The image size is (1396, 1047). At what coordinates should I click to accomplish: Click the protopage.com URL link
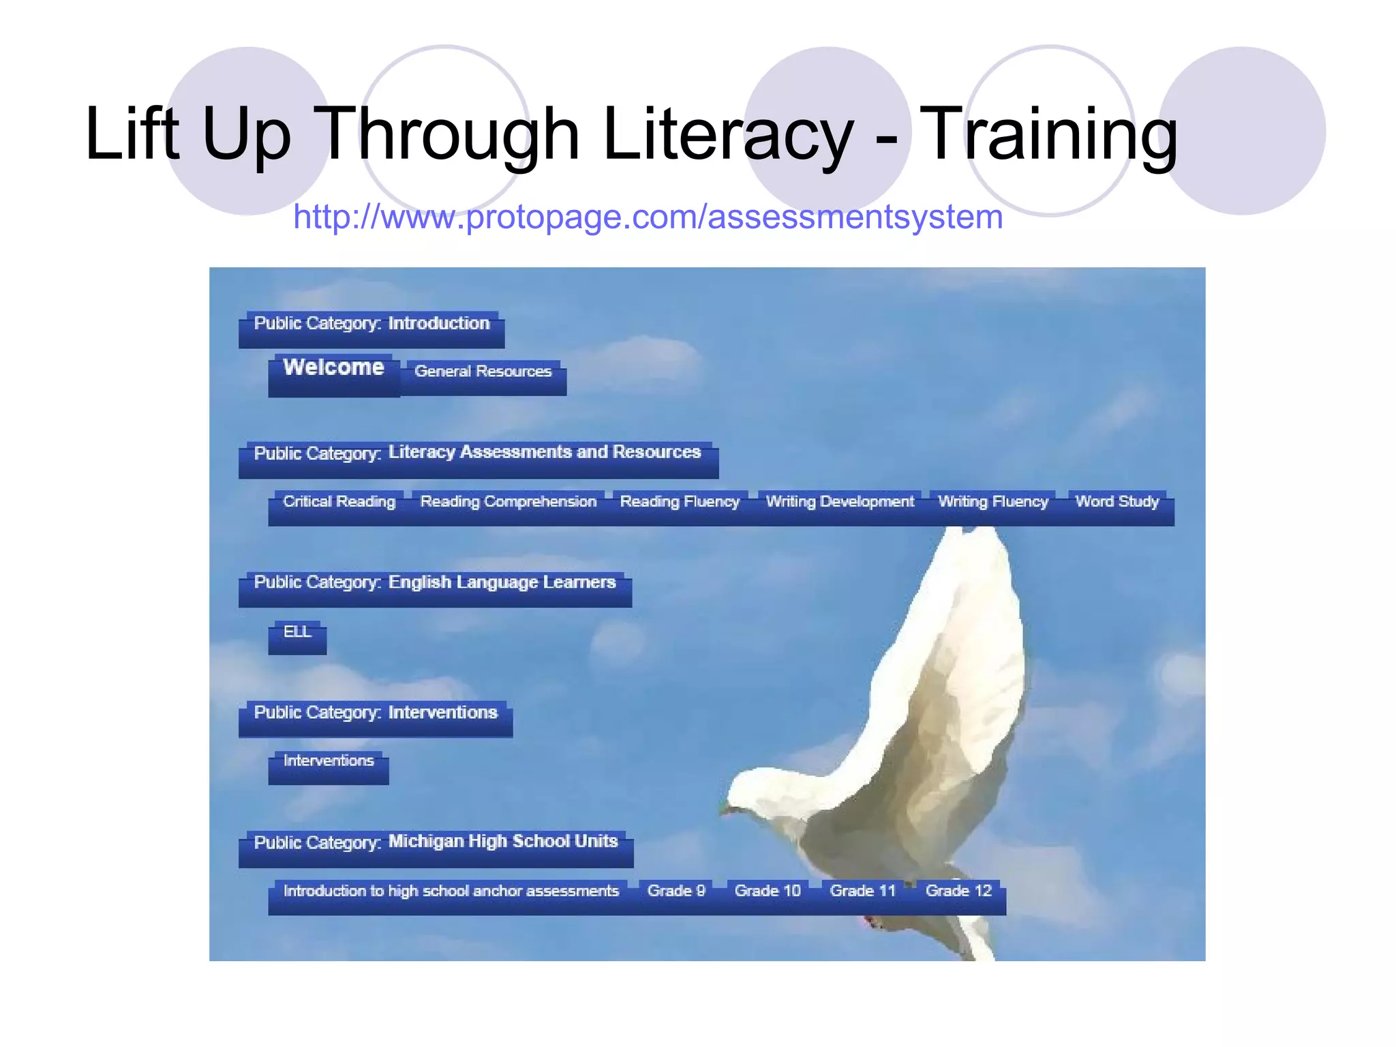pos(648,217)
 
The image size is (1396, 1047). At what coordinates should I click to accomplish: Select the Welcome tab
pos(333,368)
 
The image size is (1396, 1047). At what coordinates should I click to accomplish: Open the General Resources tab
pos(483,371)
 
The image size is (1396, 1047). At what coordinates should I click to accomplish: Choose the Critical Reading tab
pos(339,502)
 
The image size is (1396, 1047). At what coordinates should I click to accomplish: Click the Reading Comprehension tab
pos(508,502)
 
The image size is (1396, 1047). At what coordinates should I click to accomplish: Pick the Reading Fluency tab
pos(680,502)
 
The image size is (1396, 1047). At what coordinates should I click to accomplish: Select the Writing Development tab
pos(840,502)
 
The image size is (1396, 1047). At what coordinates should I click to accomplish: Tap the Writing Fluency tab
pos(993,502)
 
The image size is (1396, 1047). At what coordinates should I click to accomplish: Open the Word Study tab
pos(1117,502)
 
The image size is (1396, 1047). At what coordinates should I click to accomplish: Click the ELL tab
pos(297,633)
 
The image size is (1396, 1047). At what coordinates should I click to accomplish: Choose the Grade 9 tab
pos(676,892)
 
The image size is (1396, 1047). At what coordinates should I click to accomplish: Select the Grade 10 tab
pos(768,892)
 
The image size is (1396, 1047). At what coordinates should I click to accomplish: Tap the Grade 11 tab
pos(862,892)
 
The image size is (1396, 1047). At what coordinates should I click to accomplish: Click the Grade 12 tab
pos(958,892)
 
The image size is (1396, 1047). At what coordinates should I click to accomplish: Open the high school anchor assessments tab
pos(451,892)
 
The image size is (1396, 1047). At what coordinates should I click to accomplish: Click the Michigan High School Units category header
pos(436,843)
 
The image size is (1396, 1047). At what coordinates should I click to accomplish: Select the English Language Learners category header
pos(434,583)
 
